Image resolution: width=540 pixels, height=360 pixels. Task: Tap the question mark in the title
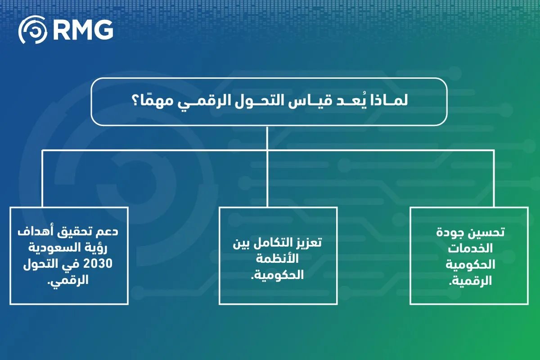(x=136, y=100)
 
